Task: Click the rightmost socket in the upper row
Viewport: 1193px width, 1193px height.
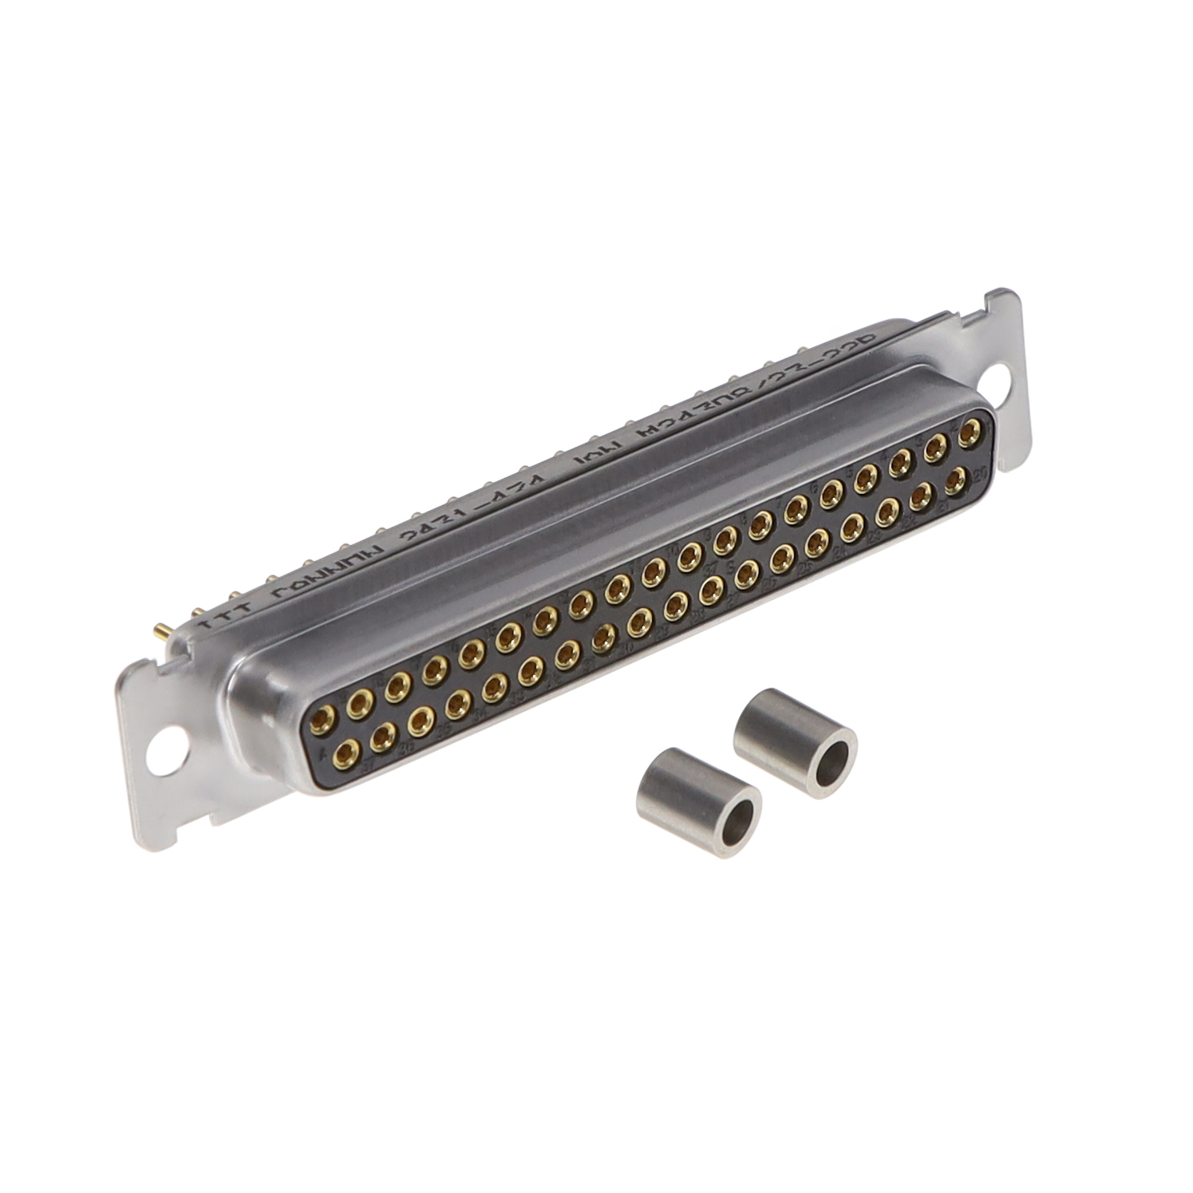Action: [970, 434]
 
